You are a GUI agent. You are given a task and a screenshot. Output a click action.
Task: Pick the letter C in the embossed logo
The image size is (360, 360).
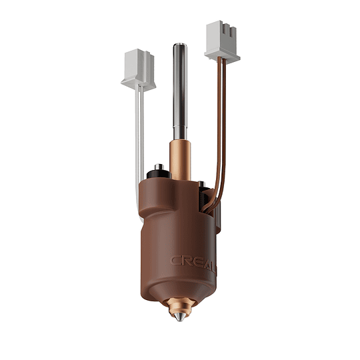click(x=176, y=261)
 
